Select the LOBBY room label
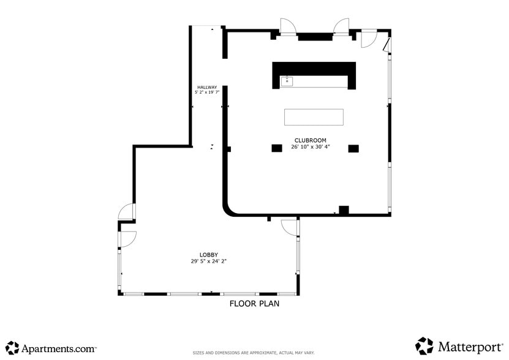coord(208,255)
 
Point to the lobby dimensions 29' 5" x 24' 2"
coord(208,261)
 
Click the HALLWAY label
coord(206,87)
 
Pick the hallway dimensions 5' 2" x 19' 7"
coord(206,92)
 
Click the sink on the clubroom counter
coord(287,81)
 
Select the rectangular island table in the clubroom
coord(314,117)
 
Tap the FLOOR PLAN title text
coord(254,303)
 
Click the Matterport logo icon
coord(424,346)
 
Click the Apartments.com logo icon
coord(12,348)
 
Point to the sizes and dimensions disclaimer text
coord(254,353)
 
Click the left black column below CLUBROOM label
coord(277,148)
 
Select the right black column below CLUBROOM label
coord(353,148)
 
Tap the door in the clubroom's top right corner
coord(368,39)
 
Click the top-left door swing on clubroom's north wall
coord(288,27)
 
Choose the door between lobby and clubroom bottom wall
coord(289,227)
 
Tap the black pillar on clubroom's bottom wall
coord(344,210)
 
